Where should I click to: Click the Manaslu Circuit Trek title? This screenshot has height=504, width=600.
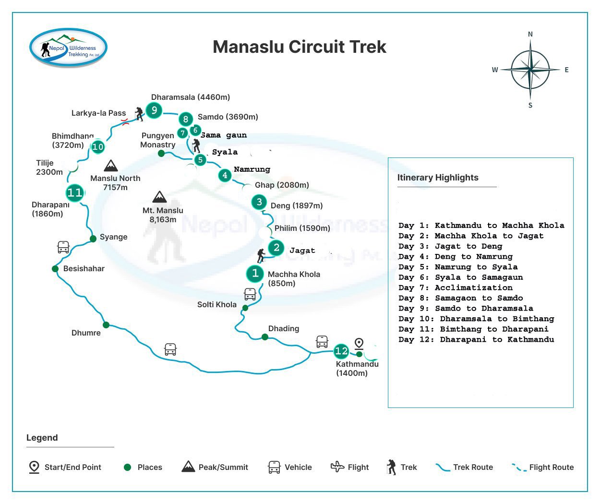coord(299,47)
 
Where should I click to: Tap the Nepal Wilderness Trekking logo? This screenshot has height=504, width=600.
coord(68,48)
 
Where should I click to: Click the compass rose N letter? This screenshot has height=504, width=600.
coord(530,34)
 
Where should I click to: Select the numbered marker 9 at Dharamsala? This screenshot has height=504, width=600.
coord(154,110)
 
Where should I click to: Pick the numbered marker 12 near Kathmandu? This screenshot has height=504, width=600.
coord(341,351)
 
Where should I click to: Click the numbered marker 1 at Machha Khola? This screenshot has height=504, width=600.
coord(255,274)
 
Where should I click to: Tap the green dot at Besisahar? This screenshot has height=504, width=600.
coord(55,269)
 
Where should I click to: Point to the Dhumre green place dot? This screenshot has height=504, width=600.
coord(106,325)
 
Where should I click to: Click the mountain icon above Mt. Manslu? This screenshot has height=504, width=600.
coord(159,197)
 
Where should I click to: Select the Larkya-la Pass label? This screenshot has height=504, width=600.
coord(98,113)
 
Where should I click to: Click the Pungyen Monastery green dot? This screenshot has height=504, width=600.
coord(161,154)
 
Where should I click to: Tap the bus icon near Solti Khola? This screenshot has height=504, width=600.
coord(250,294)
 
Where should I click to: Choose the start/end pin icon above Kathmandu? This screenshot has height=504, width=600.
coord(359,344)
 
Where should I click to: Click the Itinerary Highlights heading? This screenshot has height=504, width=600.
coord(438,178)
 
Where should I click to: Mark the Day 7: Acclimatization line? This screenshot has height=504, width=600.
coord(456,288)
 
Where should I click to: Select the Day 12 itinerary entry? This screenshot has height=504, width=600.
coord(476,339)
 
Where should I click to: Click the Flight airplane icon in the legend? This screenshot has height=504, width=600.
coord(337,467)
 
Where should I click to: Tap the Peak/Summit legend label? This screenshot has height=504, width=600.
coord(223,467)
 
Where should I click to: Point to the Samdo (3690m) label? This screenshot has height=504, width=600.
coord(228,117)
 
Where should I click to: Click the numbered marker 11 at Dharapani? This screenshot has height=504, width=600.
coord(75,193)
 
